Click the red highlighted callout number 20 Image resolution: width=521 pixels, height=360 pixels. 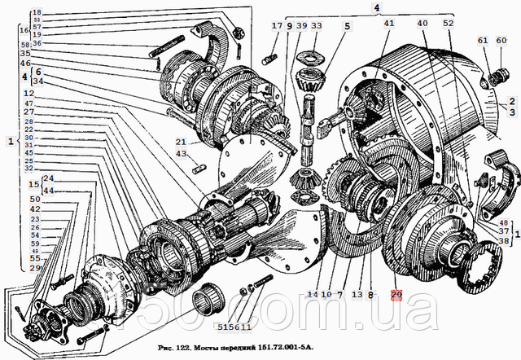point(396,294)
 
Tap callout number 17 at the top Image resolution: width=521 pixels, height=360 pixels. point(278,26)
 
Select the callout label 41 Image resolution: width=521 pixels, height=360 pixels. point(388,24)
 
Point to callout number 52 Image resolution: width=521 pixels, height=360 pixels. point(449,24)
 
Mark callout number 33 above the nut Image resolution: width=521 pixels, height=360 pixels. point(316,26)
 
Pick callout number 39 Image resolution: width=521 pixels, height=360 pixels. point(301,26)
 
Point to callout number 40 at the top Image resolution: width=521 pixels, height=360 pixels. point(422,24)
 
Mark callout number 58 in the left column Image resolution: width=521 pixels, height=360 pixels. point(25,44)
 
